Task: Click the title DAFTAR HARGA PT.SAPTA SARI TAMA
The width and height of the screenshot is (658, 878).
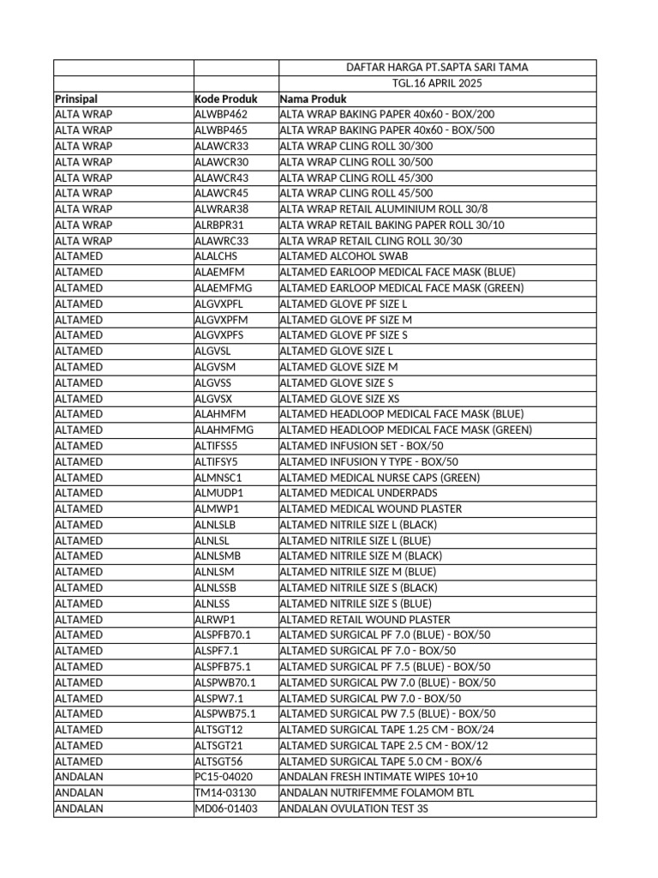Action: (x=437, y=68)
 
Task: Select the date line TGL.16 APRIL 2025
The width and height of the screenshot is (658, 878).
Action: (x=437, y=83)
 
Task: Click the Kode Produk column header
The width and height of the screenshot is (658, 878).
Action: (x=226, y=99)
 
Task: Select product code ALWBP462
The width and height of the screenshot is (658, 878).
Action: (x=221, y=115)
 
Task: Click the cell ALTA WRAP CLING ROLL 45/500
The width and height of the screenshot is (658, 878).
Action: (x=356, y=194)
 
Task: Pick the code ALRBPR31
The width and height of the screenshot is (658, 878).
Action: (x=219, y=226)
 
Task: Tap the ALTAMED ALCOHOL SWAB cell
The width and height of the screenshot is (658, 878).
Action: (x=344, y=256)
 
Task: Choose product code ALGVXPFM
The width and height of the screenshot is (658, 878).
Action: (x=219, y=320)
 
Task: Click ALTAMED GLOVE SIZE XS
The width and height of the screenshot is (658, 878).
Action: (x=340, y=399)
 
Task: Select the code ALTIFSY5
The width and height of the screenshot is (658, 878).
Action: (x=216, y=462)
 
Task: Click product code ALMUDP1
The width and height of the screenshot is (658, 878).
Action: (x=218, y=493)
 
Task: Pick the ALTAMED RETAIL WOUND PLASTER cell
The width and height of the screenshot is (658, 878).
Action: (x=365, y=620)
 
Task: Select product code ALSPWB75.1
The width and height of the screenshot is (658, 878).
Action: (x=224, y=714)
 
